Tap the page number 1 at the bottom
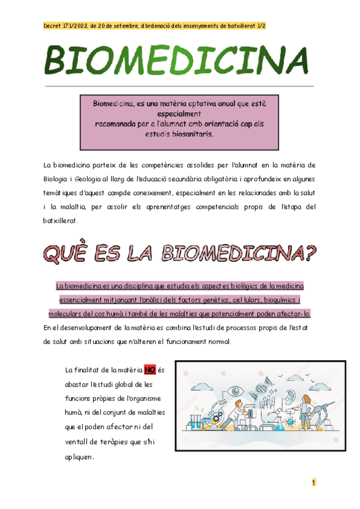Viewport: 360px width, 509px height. (313, 483)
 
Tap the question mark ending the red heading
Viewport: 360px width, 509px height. (309, 253)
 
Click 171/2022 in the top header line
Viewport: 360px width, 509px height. (73, 26)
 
